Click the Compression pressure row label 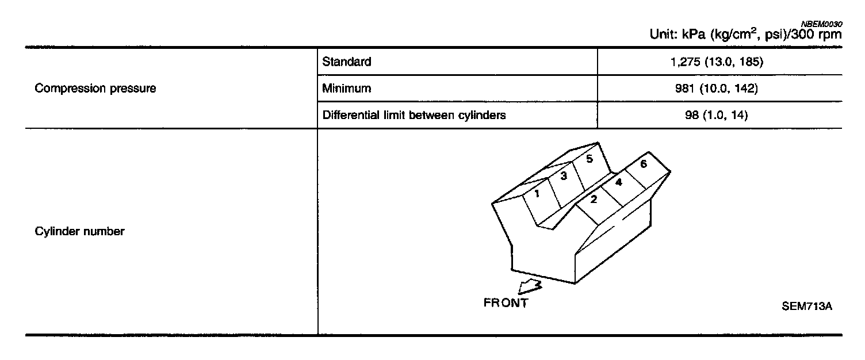click(95, 89)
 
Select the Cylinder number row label click(79, 232)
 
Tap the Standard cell click(347, 62)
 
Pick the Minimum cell click(346, 89)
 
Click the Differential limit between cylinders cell click(414, 115)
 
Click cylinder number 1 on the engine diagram click(537, 194)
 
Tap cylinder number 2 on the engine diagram click(593, 200)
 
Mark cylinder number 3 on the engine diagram click(564, 176)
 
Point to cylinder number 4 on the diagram click(618, 183)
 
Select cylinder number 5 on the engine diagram click(590, 158)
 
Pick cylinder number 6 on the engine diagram click(643, 164)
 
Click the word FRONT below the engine click(506, 304)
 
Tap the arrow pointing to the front click(530, 286)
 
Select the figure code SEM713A click(807, 307)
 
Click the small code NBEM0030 click(821, 24)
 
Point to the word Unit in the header click(663, 35)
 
